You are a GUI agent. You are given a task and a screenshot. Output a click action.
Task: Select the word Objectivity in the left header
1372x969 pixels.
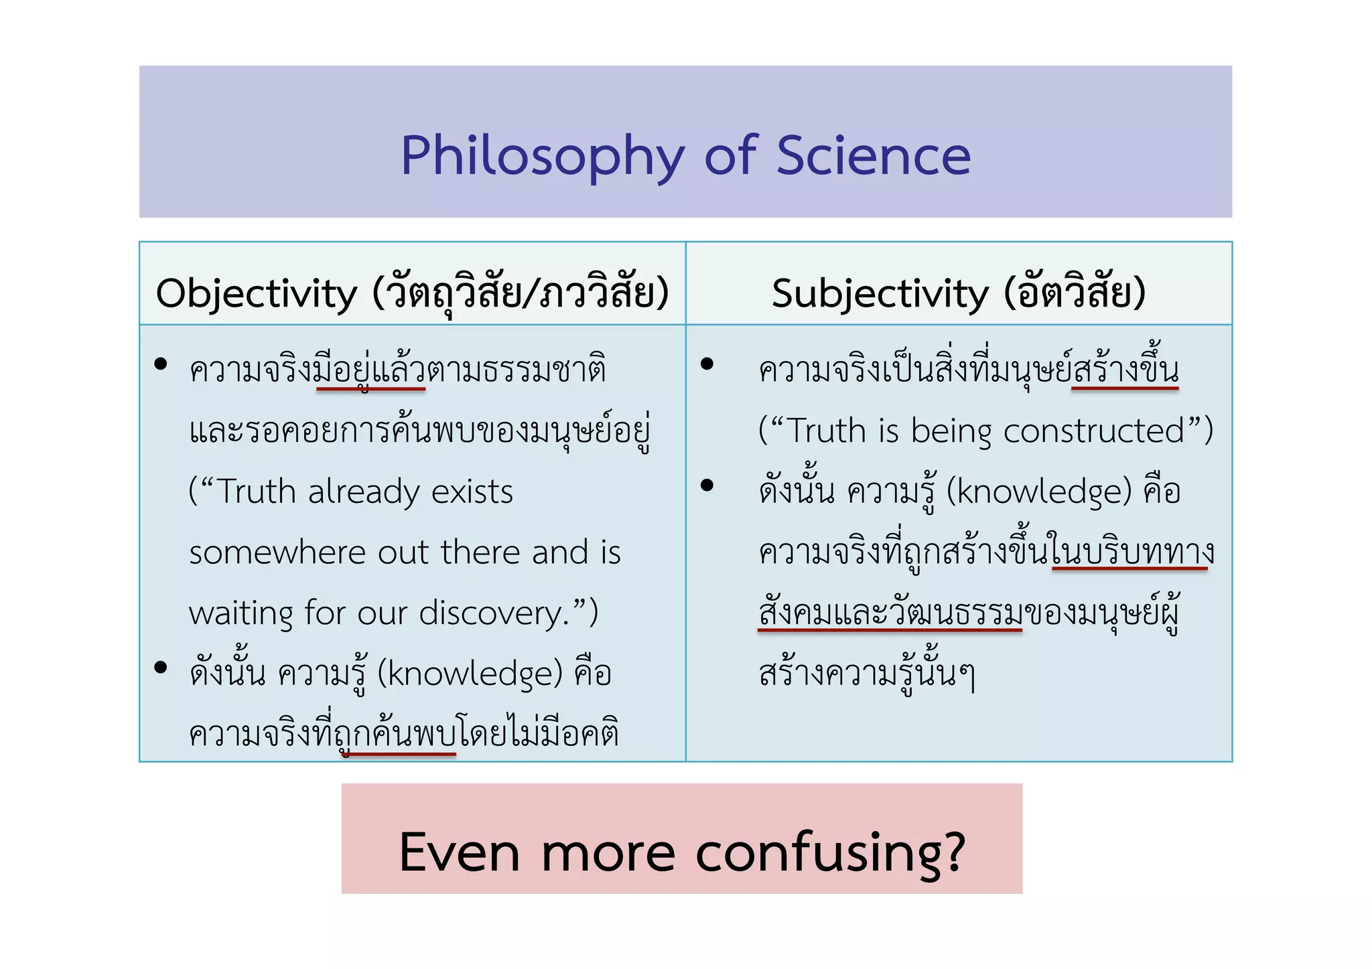(257, 294)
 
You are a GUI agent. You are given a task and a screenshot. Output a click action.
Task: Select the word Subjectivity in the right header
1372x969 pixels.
(880, 294)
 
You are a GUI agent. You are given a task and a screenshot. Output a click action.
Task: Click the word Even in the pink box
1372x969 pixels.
(460, 852)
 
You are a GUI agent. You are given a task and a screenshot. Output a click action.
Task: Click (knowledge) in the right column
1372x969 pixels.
(1039, 492)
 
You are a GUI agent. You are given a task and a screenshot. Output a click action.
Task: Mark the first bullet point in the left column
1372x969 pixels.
(160, 364)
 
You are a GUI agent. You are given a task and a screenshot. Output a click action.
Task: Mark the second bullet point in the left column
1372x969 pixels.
(160, 667)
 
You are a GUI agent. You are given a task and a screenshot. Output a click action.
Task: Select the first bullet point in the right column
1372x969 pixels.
(707, 364)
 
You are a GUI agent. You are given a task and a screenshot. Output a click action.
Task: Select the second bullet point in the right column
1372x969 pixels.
(707, 485)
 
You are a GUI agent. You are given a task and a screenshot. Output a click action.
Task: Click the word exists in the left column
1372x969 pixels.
(472, 492)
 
